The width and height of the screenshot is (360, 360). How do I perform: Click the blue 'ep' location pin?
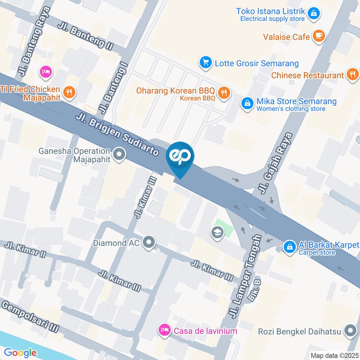[180, 157]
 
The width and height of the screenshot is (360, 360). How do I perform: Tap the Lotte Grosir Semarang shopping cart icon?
[205, 63]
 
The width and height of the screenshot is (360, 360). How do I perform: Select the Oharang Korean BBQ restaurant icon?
[224, 93]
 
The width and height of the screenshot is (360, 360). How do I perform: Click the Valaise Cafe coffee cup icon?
[319, 36]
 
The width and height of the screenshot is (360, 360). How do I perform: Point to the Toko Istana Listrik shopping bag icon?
[313, 14]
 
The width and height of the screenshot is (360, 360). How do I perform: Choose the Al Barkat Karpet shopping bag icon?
[289, 247]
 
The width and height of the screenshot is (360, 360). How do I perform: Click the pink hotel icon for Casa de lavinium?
[164, 330]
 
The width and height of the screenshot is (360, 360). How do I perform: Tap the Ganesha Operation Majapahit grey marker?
[119, 154]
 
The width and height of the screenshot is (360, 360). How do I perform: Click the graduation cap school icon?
[217, 232]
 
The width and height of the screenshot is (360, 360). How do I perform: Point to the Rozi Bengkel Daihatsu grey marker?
[351, 331]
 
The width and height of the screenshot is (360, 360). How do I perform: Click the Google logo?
[20, 352]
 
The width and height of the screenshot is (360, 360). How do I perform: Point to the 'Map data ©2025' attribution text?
[334, 355]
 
